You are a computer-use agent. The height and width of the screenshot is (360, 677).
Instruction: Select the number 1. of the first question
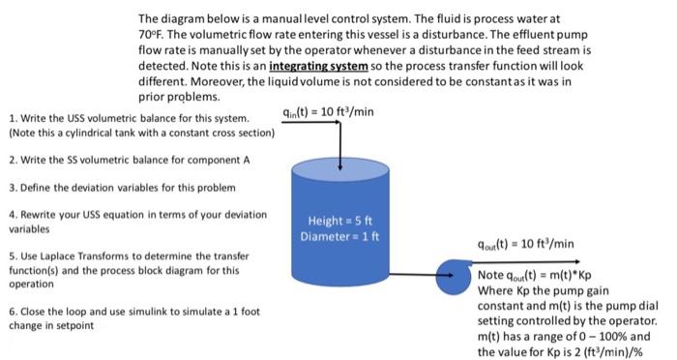point(12,117)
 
